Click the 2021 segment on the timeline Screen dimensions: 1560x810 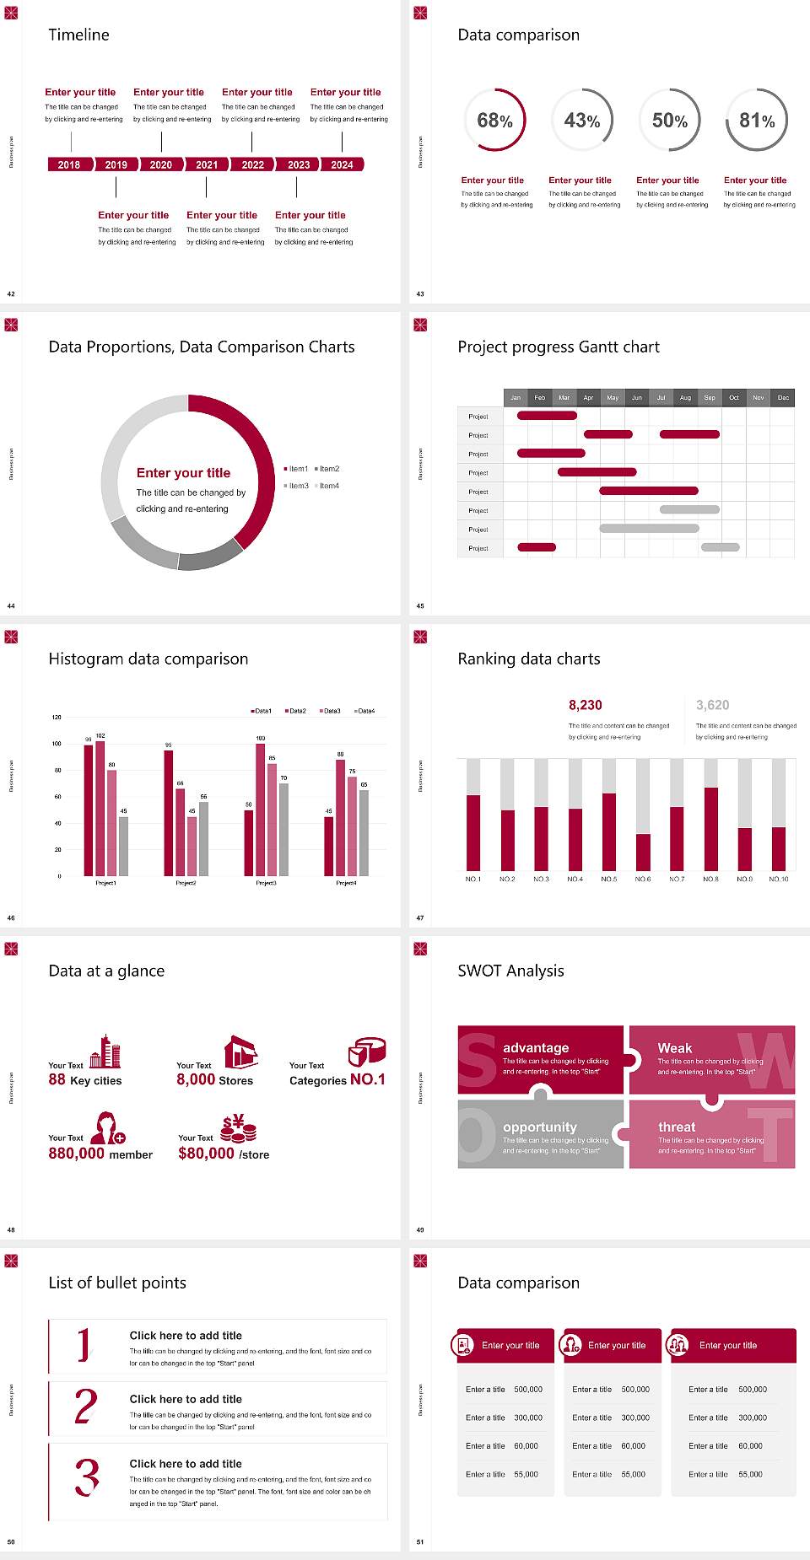[x=207, y=164]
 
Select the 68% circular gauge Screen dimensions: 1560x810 [x=494, y=121]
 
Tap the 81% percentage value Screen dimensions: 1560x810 [x=757, y=121]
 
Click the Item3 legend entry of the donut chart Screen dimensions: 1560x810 [x=296, y=486]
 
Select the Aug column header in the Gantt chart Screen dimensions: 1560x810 [x=685, y=397]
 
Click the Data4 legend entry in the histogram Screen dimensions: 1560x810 [x=364, y=711]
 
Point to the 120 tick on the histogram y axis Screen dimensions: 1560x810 [x=57, y=717]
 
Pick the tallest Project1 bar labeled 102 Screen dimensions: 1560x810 [x=100, y=806]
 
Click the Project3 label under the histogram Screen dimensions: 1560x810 [x=266, y=883]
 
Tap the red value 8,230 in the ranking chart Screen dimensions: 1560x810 [x=585, y=705]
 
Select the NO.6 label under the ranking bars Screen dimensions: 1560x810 [x=643, y=879]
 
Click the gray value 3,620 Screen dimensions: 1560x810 [x=712, y=705]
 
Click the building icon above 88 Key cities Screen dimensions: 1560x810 [x=105, y=1052]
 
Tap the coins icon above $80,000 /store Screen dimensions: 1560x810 [x=238, y=1127]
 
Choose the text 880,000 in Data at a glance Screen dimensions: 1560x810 [x=76, y=1154]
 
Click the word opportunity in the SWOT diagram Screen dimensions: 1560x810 [x=540, y=1127]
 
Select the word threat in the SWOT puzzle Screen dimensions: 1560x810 [x=677, y=1127]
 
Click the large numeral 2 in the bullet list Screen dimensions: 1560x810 [x=85, y=1407]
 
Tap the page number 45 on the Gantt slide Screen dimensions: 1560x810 [x=420, y=605]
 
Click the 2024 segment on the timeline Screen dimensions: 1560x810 [x=342, y=164]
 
